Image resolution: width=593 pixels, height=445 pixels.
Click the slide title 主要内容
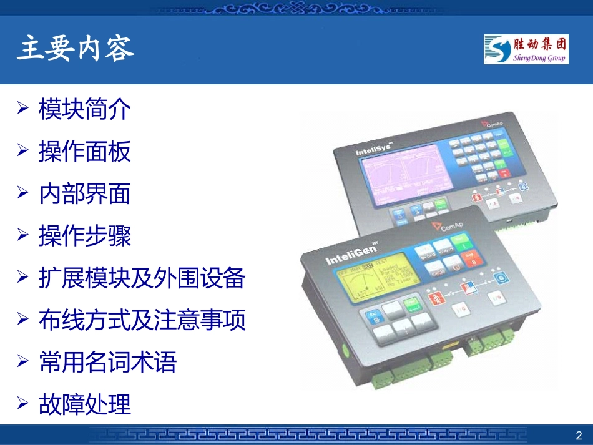point(76,49)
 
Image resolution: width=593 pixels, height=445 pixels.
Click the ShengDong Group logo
point(525,49)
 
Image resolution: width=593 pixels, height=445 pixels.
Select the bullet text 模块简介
point(85,109)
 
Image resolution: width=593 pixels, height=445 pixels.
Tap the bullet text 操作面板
point(85,152)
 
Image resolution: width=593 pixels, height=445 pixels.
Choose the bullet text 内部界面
point(85,193)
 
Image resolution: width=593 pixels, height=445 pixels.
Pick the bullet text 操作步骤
point(85,236)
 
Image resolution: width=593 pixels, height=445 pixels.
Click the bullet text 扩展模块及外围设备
point(142,278)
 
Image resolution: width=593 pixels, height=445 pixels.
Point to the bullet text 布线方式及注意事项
point(142,320)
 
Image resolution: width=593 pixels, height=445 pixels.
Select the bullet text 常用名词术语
point(108,362)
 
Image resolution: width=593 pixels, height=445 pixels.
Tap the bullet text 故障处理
point(85,404)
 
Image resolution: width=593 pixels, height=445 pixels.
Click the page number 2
point(578,435)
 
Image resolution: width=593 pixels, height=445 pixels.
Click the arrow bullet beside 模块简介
point(23,109)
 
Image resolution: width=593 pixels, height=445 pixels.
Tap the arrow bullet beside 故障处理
point(23,404)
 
